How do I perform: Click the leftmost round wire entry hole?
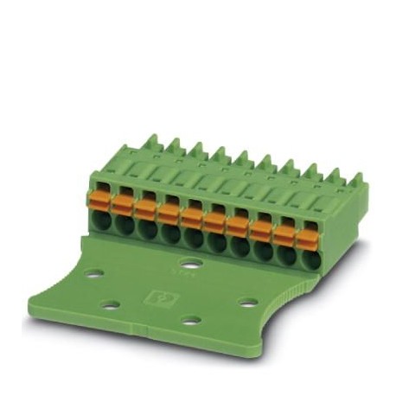click(100, 218)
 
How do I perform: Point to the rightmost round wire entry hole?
click(307, 255)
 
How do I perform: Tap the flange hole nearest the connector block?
click(192, 263)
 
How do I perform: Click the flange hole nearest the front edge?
click(191, 321)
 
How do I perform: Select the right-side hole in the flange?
click(248, 303)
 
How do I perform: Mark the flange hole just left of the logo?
click(110, 304)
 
